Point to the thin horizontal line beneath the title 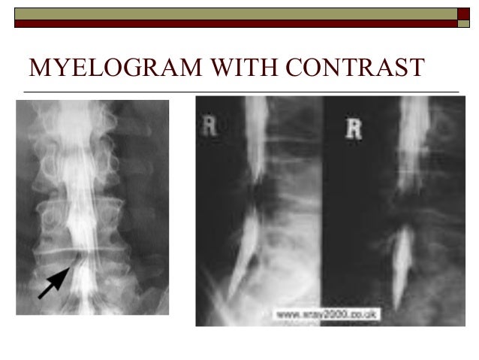tap(240, 92)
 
